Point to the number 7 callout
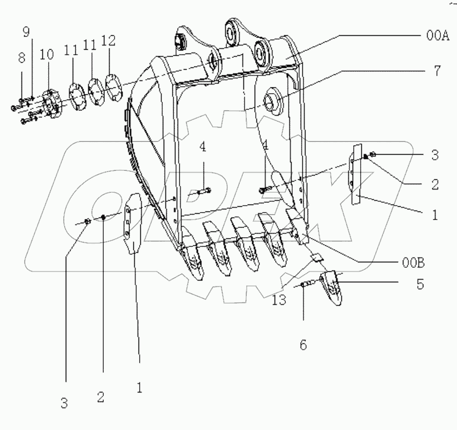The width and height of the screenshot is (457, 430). [x=437, y=71]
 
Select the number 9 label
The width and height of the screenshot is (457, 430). [x=26, y=32]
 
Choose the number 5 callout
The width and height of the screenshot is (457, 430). [x=421, y=283]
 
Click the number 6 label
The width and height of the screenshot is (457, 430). [x=303, y=345]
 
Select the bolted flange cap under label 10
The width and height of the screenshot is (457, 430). [x=52, y=103]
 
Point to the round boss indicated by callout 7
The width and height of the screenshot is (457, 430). [x=272, y=101]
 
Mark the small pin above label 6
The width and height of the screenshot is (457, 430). [x=303, y=284]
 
